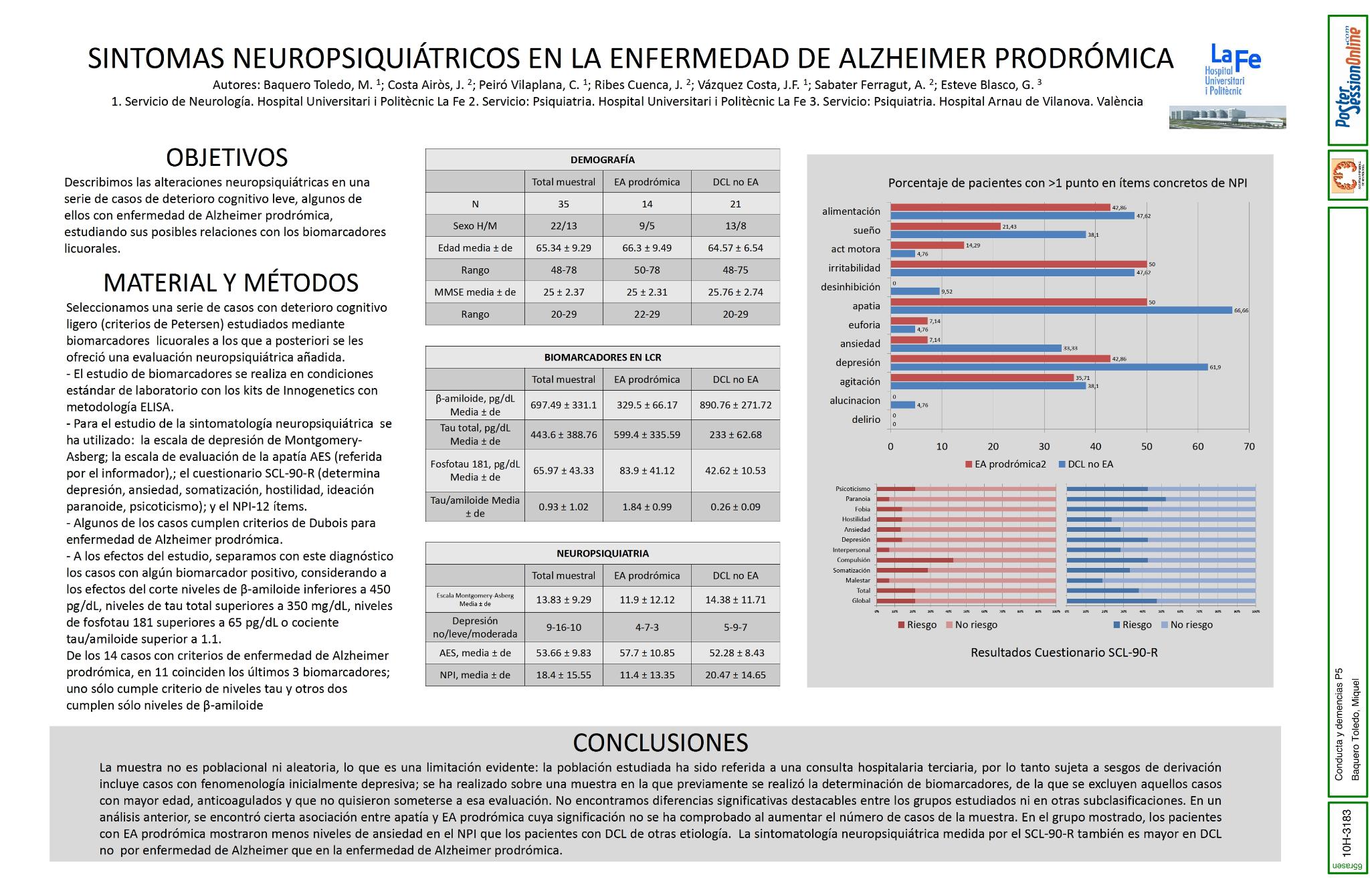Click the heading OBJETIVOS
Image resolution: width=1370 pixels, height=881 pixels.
coord(227,158)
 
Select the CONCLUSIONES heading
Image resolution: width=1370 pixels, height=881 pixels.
coord(660,743)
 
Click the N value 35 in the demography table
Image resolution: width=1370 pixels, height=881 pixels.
coord(563,204)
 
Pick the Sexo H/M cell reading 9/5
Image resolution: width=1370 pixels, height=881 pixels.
coord(646,226)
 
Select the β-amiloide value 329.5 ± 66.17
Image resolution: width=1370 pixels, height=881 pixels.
coord(646,405)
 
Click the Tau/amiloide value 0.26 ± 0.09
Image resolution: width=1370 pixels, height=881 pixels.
coord(735,506)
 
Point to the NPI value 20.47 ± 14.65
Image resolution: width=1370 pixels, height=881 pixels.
coord(735,675)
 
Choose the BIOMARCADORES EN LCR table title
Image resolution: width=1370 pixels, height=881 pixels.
coord(602,357)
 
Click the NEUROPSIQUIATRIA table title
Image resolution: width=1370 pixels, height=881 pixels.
coord(602,554)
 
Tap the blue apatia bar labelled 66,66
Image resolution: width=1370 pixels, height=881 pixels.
coord(1061,310)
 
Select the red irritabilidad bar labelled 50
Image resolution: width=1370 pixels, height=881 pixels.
coord(1018,264)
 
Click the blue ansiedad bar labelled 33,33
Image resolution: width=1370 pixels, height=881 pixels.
coord(975,348)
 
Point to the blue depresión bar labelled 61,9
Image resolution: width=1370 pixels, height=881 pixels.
coord(1049,367)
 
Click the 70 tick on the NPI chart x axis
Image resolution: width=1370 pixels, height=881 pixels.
coord(1249,447)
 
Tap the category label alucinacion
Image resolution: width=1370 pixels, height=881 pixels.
coord(855,401)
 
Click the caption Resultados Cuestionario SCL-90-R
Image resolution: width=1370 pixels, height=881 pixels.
coord(1064,652)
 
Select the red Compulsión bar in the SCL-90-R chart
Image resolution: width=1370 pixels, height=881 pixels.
coord(914,560)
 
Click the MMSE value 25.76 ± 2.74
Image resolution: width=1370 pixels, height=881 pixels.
coord(735,292)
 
